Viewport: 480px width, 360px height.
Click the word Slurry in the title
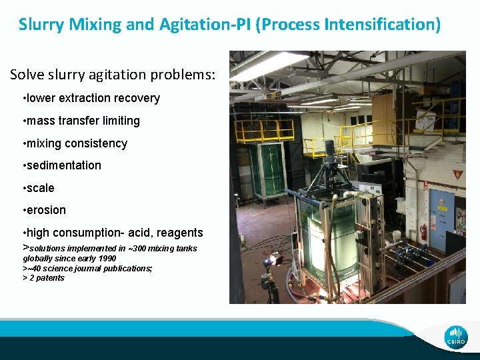click(41, 25)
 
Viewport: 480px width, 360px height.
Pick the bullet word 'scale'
click(41, 188)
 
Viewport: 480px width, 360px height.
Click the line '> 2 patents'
click(44, 278)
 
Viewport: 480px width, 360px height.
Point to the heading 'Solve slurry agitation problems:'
click(113, 74)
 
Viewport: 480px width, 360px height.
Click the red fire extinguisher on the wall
click(423, 231)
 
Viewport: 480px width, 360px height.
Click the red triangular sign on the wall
click(457, 175)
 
